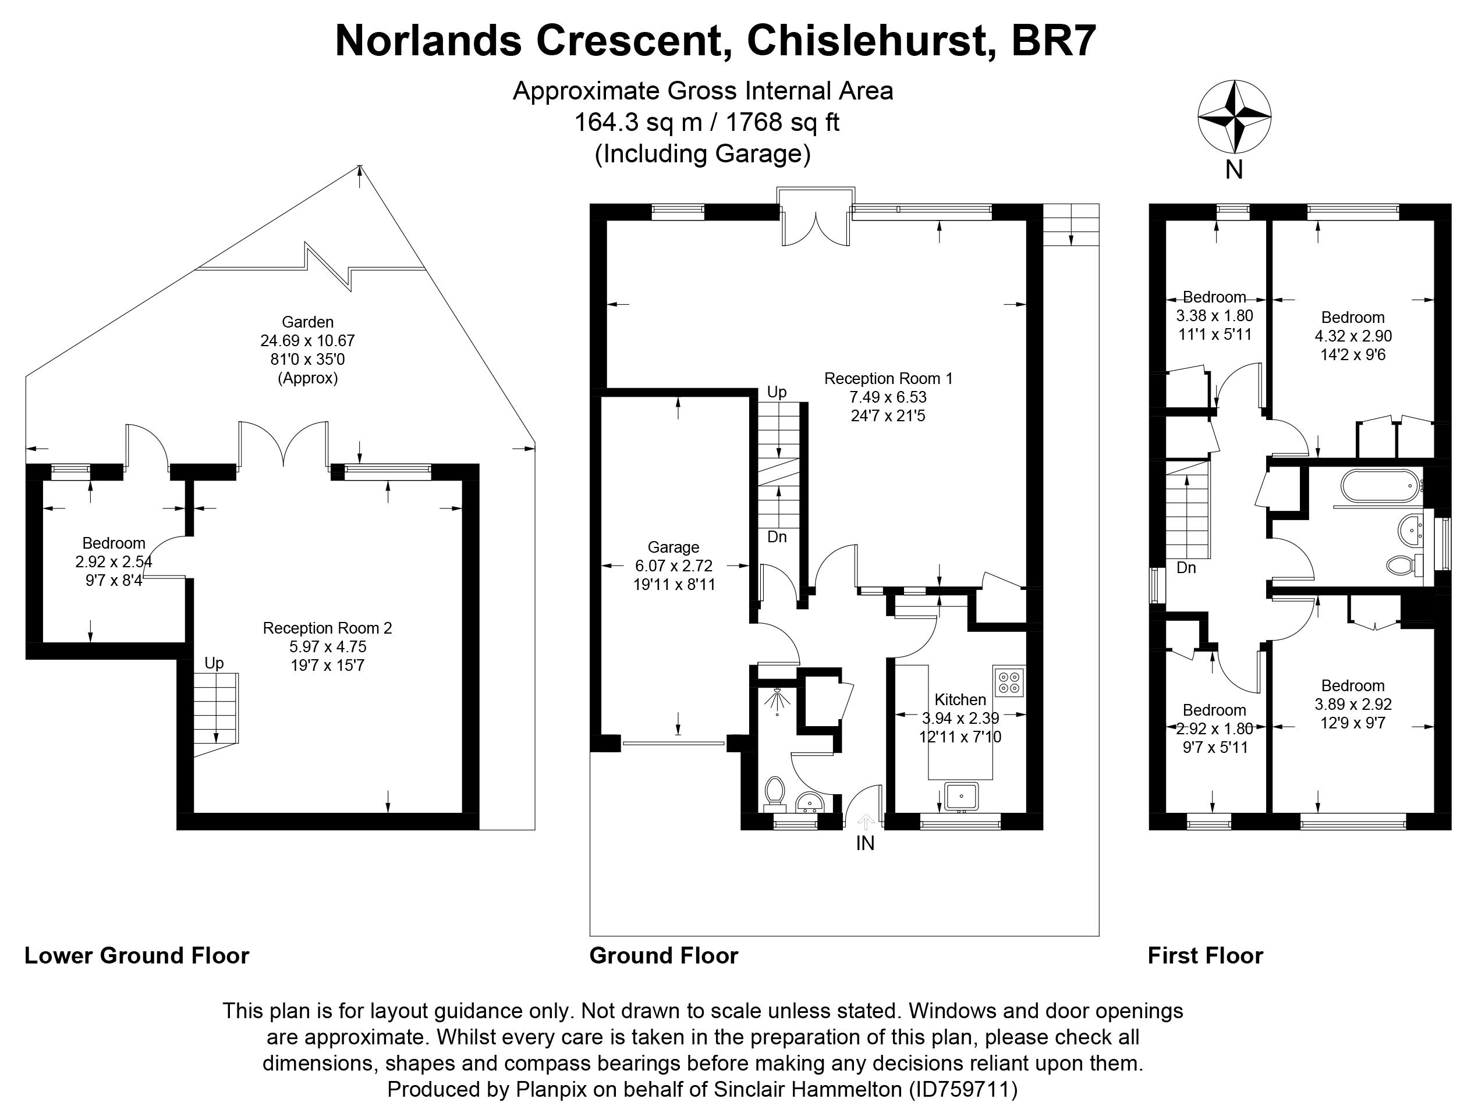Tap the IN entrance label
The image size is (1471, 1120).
pos(865,843)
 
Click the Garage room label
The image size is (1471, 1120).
pos(674,547)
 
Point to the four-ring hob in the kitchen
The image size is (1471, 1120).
pos(1008,681)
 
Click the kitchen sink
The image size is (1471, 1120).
pos(960,797)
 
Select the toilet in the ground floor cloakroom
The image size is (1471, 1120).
pos(774,791)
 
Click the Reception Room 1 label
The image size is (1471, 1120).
pos(888,379)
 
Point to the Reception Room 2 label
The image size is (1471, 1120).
pos(327,628)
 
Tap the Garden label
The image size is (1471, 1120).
pos(307,322)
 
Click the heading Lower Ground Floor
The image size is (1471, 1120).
pos(137,955)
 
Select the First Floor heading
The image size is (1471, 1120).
pos(1205,955)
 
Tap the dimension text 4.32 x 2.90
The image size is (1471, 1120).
pos(1353,336)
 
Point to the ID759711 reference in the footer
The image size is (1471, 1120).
pos(963,1089)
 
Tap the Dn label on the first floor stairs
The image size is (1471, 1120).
pos(1186,568)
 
